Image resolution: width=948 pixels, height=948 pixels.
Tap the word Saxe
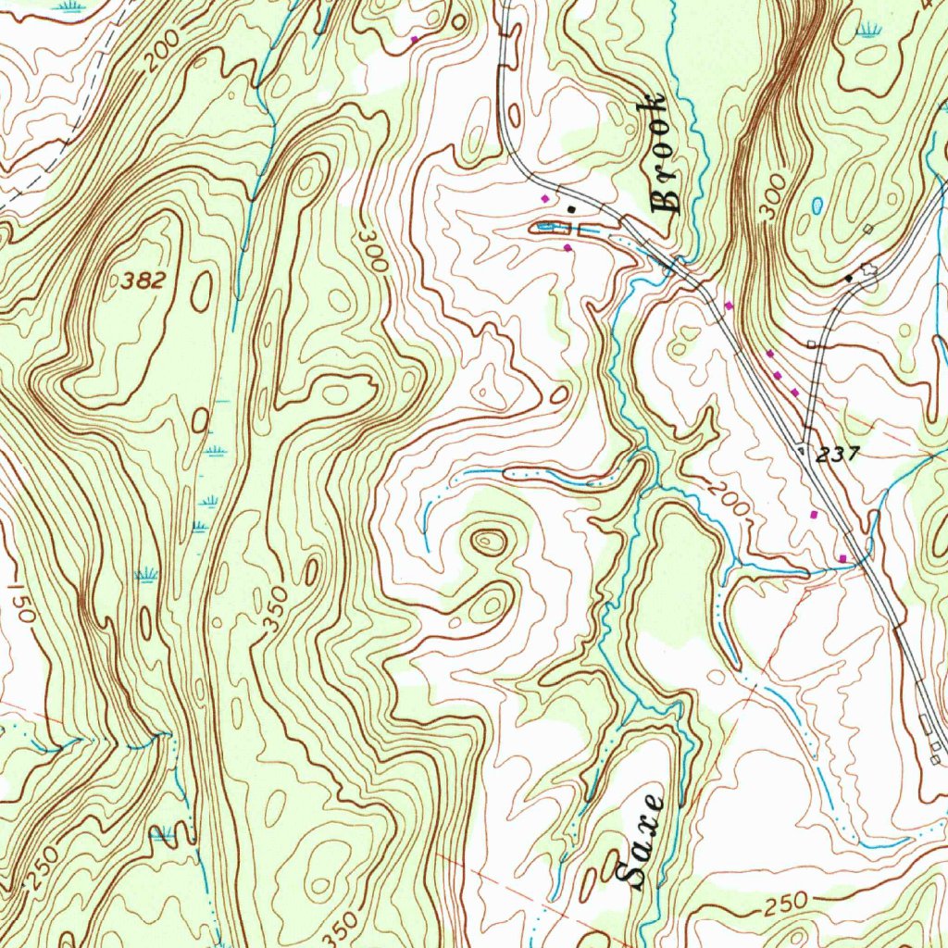pos(640,842)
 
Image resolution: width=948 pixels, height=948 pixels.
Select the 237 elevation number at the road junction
pos(839,454)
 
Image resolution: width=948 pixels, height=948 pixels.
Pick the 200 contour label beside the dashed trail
pos(164,57)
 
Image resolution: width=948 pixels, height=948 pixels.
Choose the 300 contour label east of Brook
pos(774,195)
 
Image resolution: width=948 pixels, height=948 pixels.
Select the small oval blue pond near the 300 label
pos(817,205)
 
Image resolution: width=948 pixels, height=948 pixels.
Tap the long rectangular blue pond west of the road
pos(550,227)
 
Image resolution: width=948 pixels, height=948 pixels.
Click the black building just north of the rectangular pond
pos(571,209)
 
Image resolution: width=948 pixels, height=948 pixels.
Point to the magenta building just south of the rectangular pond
pos(567,247)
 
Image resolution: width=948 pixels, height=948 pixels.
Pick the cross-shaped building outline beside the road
pos(867,269)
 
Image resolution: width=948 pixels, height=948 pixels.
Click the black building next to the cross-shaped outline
pos(849,277)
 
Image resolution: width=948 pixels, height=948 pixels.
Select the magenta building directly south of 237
pos(815,514)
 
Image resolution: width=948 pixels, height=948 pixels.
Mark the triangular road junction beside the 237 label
pos(801,449)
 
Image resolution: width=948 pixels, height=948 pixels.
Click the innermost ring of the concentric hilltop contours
pos(486,541)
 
